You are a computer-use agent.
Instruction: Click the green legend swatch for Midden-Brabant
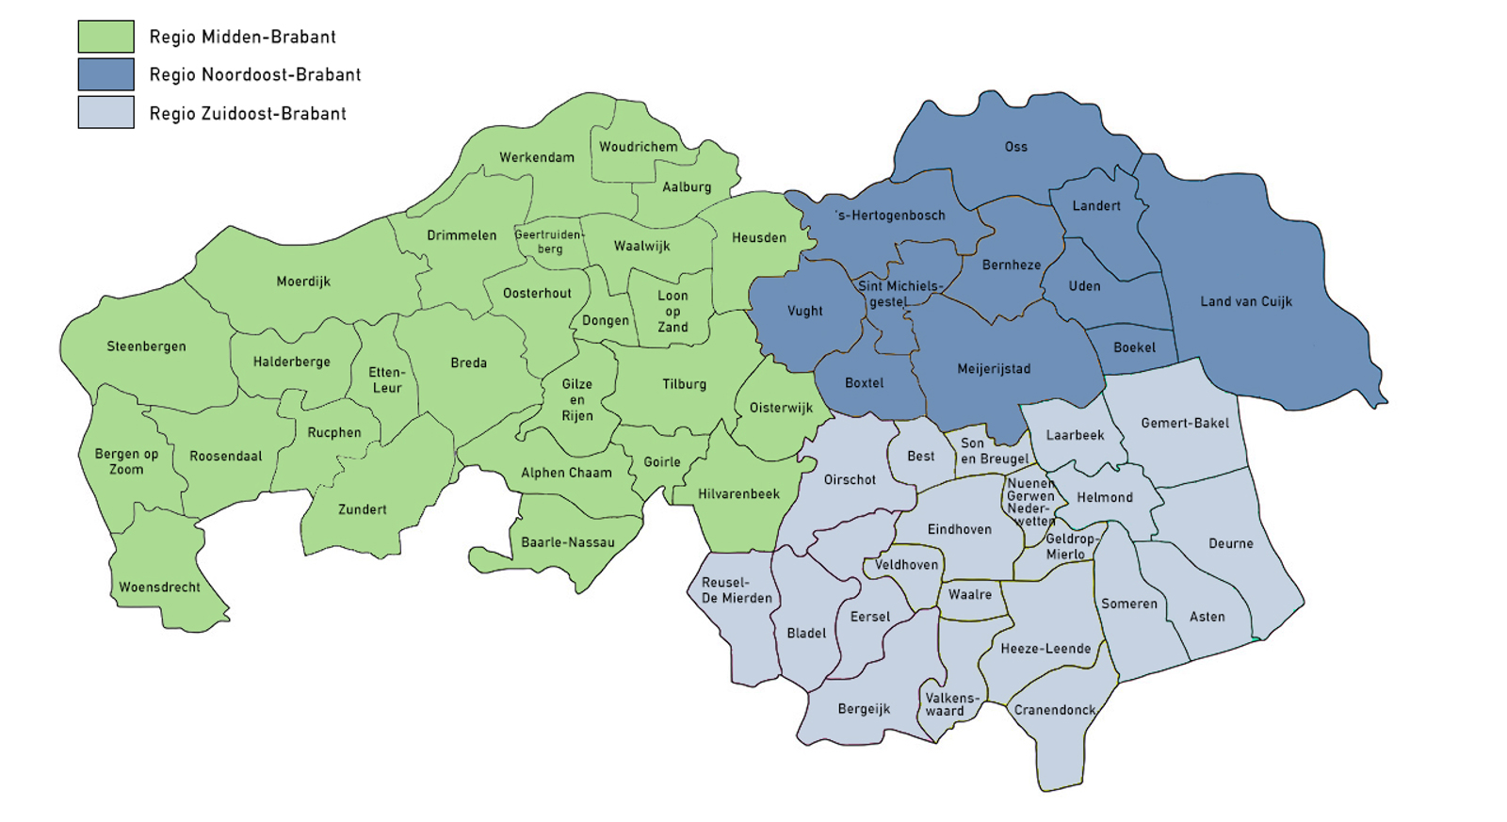[105, 37]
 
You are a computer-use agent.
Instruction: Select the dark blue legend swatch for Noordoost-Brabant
[105, 74]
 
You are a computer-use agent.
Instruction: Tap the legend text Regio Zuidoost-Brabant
[248, 114]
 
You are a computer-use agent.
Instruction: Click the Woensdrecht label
[159, 588]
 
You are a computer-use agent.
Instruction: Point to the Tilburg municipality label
[684, 384]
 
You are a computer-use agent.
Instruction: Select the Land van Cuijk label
[1245, 301]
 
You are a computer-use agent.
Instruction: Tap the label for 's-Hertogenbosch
[890, 216]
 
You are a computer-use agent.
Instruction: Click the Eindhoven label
[959, 529]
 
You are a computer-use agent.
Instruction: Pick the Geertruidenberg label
[549, 242]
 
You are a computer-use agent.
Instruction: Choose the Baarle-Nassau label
[567, 542]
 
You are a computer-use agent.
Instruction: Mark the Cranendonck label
[1054, 710]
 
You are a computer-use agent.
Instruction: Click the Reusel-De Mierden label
[736, 590]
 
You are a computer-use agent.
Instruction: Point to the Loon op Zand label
[672, 311]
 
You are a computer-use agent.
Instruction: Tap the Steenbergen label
[146, 347]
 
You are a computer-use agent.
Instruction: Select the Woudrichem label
[638, 147]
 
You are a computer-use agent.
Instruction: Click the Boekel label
[1134, 347]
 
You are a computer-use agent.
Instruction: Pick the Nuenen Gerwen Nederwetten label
[1030, 502]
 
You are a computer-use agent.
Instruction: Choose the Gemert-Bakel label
[1184, 423]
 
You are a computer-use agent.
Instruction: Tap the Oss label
[1015, 147]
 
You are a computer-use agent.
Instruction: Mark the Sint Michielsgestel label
[899, 294]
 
